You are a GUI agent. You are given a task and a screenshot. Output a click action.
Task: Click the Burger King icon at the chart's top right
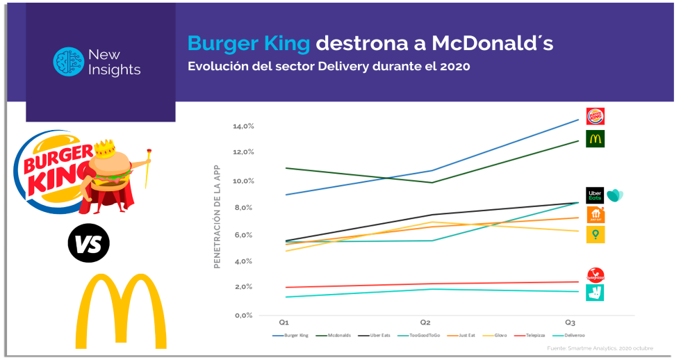pyautogui.click(x=595, y=116)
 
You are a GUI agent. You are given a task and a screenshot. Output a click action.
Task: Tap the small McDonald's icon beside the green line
pyautogui.click(x=595, y=138)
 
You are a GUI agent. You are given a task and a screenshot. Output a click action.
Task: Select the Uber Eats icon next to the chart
pyautogui.click(x=595, y=195)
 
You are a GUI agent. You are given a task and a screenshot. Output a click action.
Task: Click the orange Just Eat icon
pyautogui.click(x=596, y=215)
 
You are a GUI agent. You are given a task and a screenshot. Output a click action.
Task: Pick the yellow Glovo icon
pyautogui.click(x=596, y=235)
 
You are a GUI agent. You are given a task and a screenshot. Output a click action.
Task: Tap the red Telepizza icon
pyautogui.click(x=596, y=275)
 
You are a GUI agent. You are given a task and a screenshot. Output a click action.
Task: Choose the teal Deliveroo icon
pyautogui.click(x=595, y=293)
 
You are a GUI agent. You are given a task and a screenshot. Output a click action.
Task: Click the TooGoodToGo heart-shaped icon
pyautogui.click(x=615, y=195)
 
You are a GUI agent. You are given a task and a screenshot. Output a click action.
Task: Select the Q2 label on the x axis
pyautogui.click(x=425, y=322)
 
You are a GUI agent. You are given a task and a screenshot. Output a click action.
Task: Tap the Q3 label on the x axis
pyautogui.click(x=570, y=322)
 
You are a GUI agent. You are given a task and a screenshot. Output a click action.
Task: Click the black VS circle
pyautogui.click(x=88, y=243)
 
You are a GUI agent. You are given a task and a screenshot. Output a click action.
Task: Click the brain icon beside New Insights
pyautogui.click(x=68, y=62)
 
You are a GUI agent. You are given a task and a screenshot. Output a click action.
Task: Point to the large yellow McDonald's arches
pyautogui.click(x=121, y=312)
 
